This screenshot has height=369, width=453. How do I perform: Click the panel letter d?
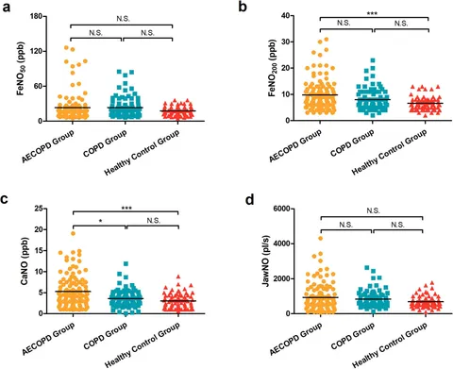coord(243,199)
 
